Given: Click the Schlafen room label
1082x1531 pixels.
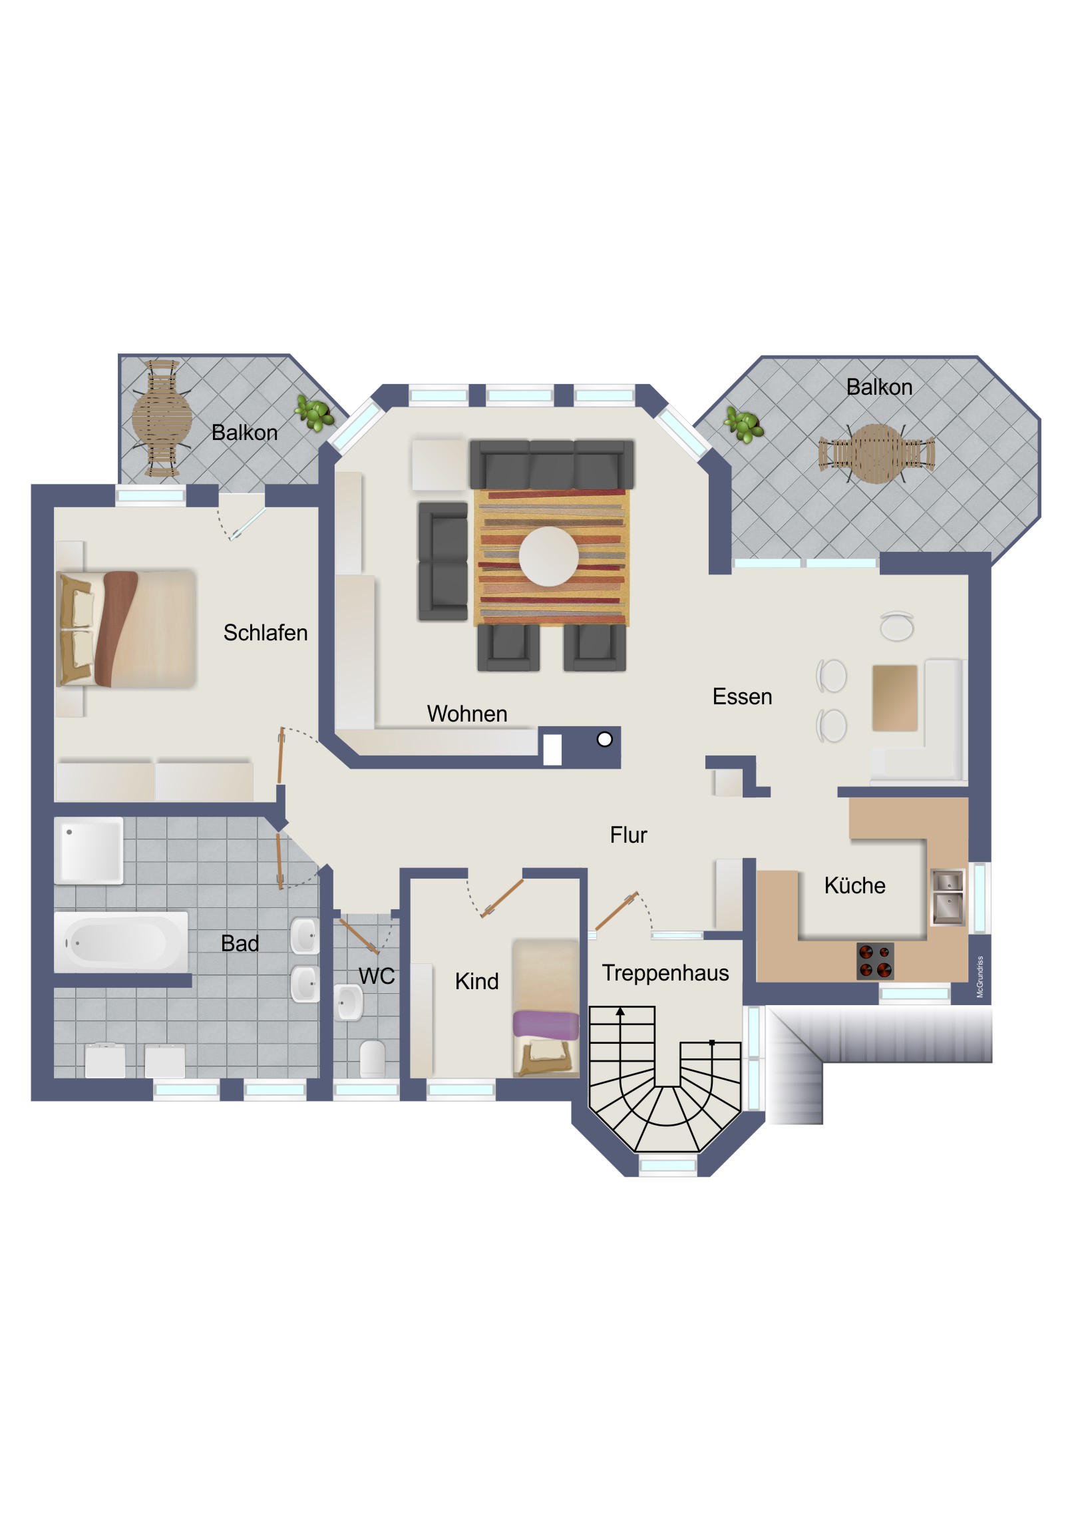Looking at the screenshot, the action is click(x=266, y=633).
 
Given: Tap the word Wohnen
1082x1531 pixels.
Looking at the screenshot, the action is click(x=466, y=714).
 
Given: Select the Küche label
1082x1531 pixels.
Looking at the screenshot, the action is click(x=854, y=885).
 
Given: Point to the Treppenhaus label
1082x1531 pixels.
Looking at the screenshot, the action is click(x=665, y=974).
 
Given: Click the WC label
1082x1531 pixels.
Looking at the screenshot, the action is click(x=377, y=977).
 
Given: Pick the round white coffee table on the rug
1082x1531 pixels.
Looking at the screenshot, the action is click(x=549, y=556).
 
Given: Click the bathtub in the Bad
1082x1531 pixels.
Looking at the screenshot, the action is click(x=120, y=942).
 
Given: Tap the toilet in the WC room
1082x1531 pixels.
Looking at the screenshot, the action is click(x=372, y=1058).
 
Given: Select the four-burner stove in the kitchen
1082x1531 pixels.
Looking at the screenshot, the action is click(x=874, y=961).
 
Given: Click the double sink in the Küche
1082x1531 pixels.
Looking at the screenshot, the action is click(x=948, y=897).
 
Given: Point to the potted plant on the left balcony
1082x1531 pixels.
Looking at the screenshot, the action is click(x=315, y=413).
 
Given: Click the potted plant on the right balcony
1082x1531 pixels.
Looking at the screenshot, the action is click(x=744, y=425).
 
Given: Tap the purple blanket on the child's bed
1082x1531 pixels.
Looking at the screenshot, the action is click(x=546, y=1025).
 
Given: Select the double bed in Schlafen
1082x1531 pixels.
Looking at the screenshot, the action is click(x=126, y=628).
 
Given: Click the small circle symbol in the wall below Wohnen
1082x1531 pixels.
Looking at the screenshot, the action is click(x=605, y=739).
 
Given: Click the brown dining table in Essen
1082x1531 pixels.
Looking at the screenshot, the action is click(x=894, y=698).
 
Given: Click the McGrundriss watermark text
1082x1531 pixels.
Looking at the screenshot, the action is click(x=980, y=977).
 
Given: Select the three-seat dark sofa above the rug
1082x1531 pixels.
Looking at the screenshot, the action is click(x=552, y=465).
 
